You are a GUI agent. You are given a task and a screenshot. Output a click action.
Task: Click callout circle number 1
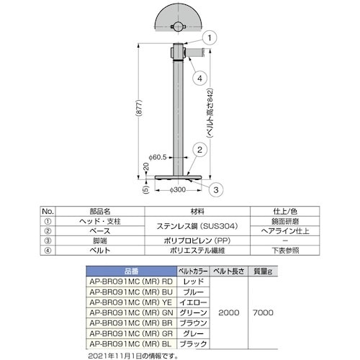click(210, 37)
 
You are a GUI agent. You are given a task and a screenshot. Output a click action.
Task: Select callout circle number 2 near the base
click(199, 150)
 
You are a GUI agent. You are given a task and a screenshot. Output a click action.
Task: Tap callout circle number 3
click(216, 190)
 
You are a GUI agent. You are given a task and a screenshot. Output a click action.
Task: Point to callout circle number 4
click(199, 78)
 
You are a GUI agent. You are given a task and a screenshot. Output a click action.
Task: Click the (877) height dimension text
click(140, 108)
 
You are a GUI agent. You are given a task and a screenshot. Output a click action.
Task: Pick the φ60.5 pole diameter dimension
click(158, 158)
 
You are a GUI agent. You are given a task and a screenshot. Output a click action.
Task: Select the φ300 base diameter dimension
click(178, 190)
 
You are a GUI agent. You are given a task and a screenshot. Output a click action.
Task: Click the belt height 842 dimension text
click(210, 113)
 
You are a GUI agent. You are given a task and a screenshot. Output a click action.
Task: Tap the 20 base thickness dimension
click(146, 166)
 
